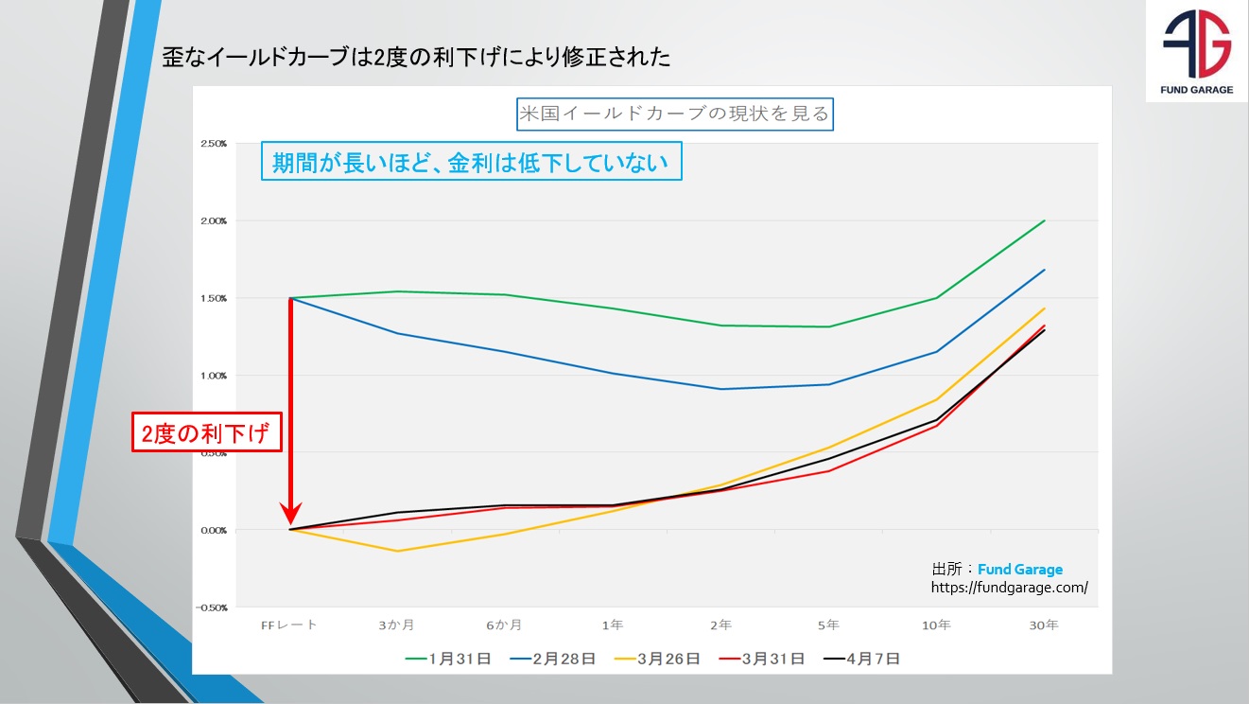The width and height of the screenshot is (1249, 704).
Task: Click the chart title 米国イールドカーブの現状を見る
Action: (x=673, y=114)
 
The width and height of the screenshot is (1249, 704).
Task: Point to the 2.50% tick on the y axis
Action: (x=213, y=144)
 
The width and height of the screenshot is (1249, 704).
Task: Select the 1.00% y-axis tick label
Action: (x=213, y=376)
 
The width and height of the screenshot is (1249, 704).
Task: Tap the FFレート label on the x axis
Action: (x=289, y=625)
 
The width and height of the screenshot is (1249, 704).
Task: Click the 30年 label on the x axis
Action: (x=1045, y=625)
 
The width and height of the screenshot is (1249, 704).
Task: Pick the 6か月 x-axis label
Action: (x=505, y=625)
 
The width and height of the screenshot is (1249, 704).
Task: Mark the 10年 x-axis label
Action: (x=937, y=625)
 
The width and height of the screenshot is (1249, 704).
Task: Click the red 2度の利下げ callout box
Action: (x=206, y=435)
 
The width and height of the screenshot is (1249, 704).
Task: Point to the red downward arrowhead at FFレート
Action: (x=290, y=519)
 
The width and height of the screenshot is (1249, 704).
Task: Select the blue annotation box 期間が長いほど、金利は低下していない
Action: (x=471, y=162)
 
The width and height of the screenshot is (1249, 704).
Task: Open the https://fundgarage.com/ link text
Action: (x=1009, y=587)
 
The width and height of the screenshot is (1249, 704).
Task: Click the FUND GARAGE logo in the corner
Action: (x=1196, y=51)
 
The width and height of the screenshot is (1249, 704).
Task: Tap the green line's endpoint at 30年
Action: (x=1045, y=220)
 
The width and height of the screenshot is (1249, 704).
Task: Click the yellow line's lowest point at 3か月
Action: (x=397, y=551)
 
